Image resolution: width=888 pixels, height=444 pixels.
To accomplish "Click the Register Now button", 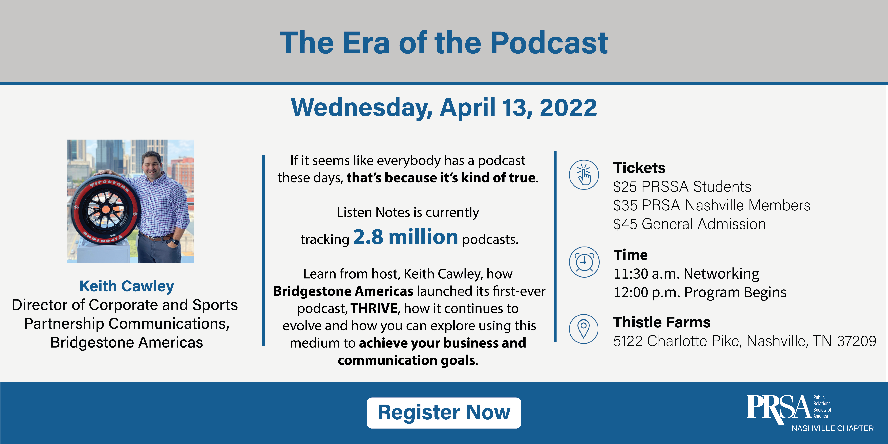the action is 444,413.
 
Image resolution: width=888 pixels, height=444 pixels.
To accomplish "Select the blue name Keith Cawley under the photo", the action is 127,286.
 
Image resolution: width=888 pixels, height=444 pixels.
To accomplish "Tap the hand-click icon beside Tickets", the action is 584,174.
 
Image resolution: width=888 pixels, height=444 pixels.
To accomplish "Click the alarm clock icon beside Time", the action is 584,262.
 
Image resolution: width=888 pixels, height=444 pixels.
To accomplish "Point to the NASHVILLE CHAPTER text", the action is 832,428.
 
